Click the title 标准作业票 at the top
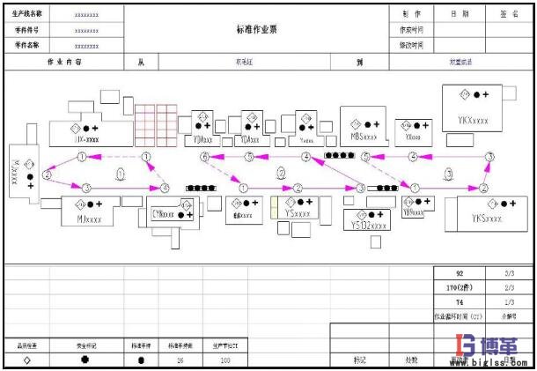256,28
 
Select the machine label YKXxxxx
473,120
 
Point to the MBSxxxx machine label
363,137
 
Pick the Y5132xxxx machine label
367,226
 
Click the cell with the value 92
458,274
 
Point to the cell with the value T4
459,301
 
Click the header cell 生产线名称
28,14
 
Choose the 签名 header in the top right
510,14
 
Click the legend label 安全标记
85,345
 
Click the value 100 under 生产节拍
224,360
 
